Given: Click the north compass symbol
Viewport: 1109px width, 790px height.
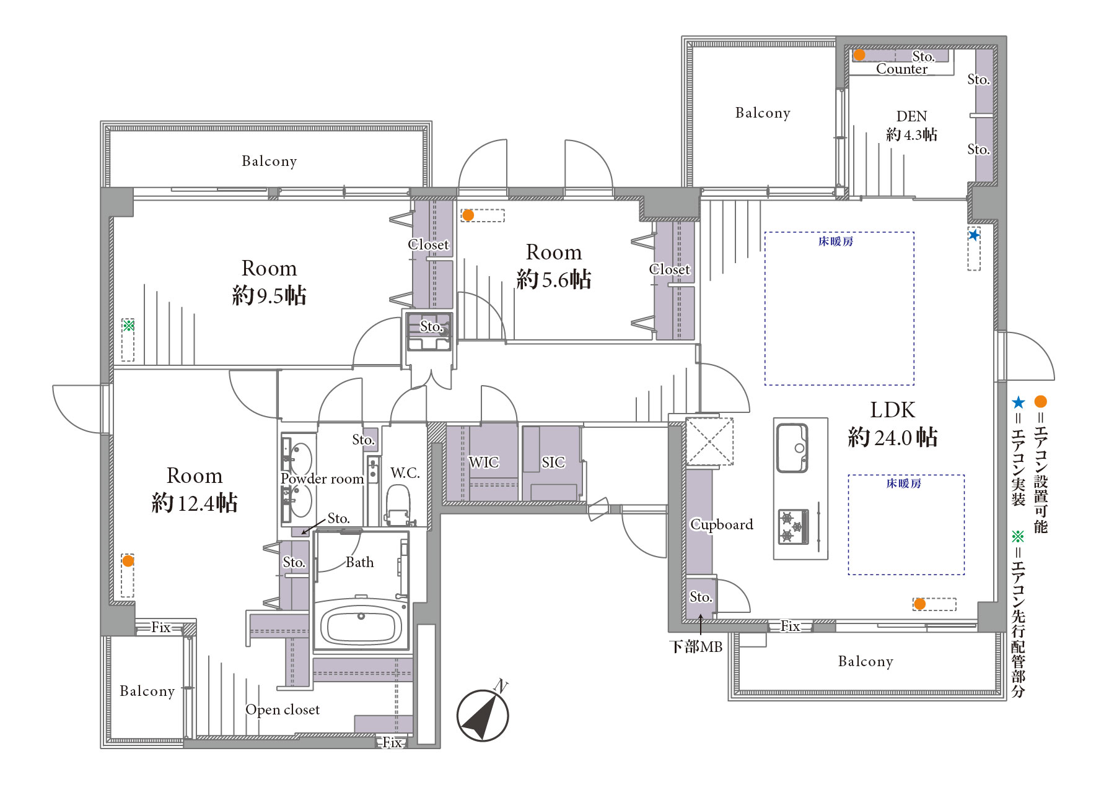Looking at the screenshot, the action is point(483,714).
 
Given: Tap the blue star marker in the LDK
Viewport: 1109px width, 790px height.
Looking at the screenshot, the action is point(974,235).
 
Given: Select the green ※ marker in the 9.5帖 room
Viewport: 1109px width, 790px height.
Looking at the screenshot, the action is point(128,325).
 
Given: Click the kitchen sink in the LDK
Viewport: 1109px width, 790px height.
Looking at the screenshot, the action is point(792,448).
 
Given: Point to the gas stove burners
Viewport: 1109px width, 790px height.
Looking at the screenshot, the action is point(794,526).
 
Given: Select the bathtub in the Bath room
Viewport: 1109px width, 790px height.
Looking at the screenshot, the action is point(361,623).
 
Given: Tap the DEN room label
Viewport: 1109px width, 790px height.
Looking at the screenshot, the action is point(911,116).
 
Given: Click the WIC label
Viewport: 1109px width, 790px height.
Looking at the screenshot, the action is point(483,462).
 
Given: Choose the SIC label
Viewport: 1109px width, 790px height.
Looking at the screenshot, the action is point(553,462).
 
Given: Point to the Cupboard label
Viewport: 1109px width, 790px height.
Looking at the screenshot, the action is point(722,525).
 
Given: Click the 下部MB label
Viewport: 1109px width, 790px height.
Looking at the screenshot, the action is point(696,647).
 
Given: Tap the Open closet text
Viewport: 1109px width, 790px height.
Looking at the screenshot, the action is point(283,710).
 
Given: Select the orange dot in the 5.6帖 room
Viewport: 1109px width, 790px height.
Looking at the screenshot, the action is point(468,215).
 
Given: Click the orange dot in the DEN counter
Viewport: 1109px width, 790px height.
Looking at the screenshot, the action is point(859,55).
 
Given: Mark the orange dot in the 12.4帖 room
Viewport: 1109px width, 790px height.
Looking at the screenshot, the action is point(128,561).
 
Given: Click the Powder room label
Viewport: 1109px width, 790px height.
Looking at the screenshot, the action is point(322,479).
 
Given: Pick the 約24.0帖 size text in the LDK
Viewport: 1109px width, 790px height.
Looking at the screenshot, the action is point(893,438).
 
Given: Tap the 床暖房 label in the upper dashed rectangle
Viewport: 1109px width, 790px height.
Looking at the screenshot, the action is point(836,241).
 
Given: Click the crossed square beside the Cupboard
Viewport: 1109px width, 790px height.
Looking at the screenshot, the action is point(709,441).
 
